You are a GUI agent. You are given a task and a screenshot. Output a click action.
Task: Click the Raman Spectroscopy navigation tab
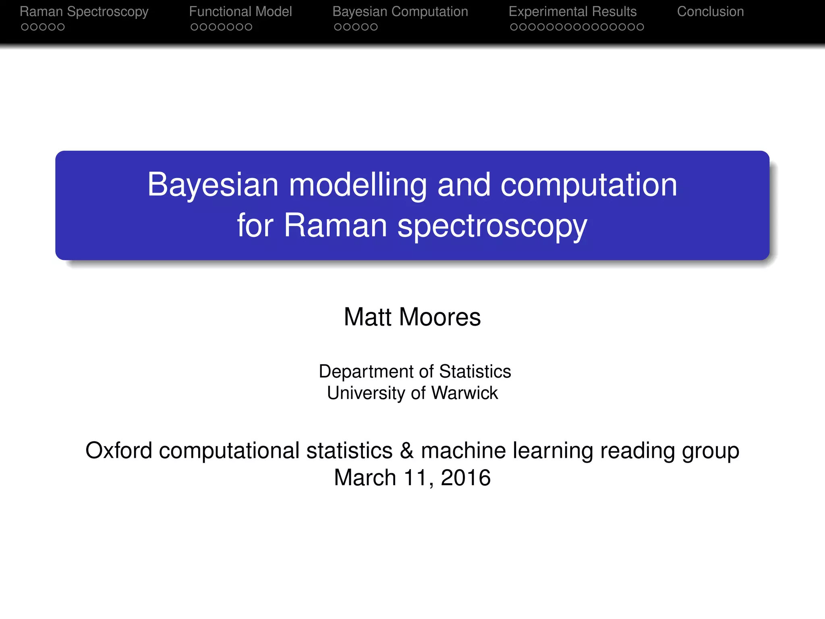(x=84, y=12)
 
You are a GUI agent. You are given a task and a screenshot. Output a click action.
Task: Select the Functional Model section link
(x=240, y=12)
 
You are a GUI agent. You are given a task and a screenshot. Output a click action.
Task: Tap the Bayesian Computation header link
(x=400, y=12)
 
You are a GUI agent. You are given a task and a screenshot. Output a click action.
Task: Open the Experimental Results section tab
(x=572, y=12)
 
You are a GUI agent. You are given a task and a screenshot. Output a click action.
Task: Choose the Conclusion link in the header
(x=710, y=12)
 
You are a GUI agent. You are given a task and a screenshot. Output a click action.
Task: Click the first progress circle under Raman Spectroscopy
(x=25, y=27)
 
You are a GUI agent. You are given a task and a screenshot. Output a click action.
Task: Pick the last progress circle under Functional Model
(x=249, y=27)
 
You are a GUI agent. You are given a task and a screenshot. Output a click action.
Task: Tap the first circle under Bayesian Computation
(x=338, y=27)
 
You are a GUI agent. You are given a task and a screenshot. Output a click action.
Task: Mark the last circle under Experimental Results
(x=640, y=27)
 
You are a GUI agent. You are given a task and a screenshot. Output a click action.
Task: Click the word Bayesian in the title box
(x=213, y=185)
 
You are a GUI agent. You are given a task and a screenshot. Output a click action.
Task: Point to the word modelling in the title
(x=358, y=185)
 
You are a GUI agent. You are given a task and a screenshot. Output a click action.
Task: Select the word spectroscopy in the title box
(x=492, y=226)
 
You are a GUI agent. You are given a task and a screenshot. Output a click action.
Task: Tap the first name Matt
(x=367, y=317)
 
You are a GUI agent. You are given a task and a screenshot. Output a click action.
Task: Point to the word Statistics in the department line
(x=475, y=372)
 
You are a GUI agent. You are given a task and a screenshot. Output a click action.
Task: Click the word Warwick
(x=464, y=393)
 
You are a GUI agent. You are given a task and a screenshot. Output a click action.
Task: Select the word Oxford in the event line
(x=119, y=451)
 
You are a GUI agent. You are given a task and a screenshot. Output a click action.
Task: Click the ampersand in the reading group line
(x=406, y=451)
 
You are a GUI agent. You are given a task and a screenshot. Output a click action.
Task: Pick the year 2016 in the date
(x=466, y=478)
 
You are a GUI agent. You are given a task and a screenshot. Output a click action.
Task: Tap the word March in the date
(x=365, y=478)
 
